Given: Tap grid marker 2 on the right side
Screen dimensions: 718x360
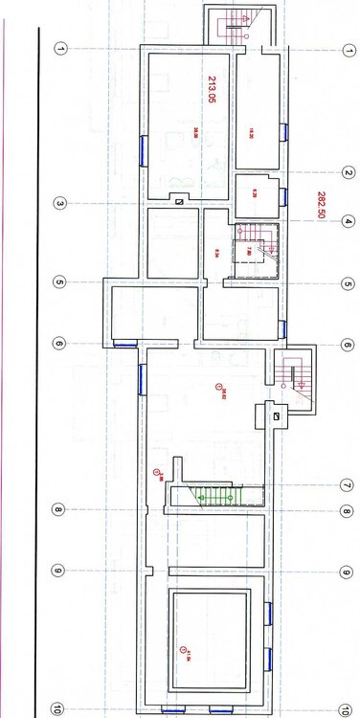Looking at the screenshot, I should click(346, 172).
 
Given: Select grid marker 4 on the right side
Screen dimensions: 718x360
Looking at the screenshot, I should click(346, 221).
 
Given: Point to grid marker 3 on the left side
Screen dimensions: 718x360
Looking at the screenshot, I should click(58, 203).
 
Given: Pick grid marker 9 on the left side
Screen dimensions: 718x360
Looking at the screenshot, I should click(58, 572).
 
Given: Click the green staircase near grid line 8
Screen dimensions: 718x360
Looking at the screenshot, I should click(213, 495).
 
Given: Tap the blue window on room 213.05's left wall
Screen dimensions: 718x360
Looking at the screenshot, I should click(144, 148).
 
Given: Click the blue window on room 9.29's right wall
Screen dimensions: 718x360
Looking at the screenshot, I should click(284, 196).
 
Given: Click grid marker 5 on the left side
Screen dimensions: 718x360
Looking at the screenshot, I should click(58, 282).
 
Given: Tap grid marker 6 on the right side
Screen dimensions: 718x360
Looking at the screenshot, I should click(346, 345).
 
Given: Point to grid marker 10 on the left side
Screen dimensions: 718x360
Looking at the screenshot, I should click(58, 709).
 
